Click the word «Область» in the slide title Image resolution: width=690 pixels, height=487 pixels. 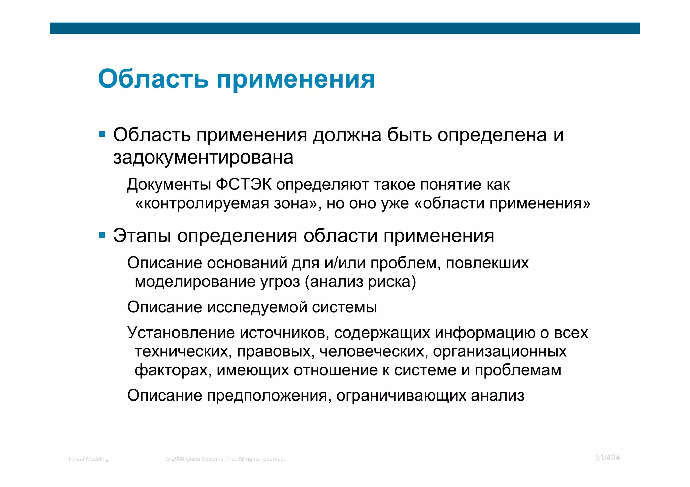(x=153, y=79)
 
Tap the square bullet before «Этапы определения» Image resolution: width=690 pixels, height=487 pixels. (x=102, y=235)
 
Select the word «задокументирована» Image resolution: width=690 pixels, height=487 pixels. (x=203, y=158)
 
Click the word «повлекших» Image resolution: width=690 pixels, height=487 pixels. (x=487, y=263)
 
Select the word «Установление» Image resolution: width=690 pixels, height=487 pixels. (x=181, y=333)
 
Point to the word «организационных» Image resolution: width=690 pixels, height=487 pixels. (x=500, y=351)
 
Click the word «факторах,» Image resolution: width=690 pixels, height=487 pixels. (x=173, y=370)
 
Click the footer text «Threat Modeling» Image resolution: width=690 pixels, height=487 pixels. (x=88, y=459)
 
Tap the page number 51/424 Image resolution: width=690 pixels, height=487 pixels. (x=607, y=458)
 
